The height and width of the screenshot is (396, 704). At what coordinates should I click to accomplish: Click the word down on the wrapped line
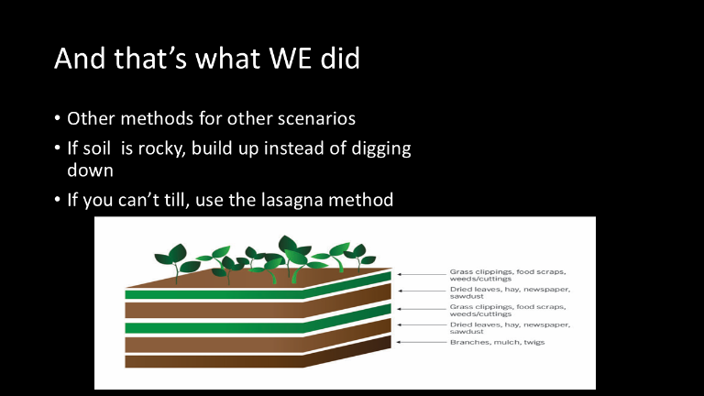tap(90, 170)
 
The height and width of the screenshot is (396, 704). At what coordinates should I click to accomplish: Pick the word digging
tap(381, 149)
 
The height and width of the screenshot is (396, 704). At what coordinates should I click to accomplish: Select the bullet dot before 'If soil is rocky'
tap(57, 148)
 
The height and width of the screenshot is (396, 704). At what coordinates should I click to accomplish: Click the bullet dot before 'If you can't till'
tap(57, 199)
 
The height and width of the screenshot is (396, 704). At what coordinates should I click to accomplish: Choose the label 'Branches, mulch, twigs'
tap(497, 342)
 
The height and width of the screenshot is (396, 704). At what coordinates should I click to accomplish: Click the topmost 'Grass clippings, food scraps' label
tap(508, 275)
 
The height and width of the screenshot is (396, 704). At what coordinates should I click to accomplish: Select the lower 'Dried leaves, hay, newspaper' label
tap(510, 328)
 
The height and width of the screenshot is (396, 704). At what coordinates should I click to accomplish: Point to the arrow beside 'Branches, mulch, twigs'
tap(421, 342)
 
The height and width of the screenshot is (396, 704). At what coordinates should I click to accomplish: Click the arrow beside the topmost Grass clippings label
tap(421, 274)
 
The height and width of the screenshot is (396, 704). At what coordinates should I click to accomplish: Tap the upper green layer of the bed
tap(258, 288)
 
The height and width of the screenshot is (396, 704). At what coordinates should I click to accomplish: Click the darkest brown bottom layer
tap(258, 356)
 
